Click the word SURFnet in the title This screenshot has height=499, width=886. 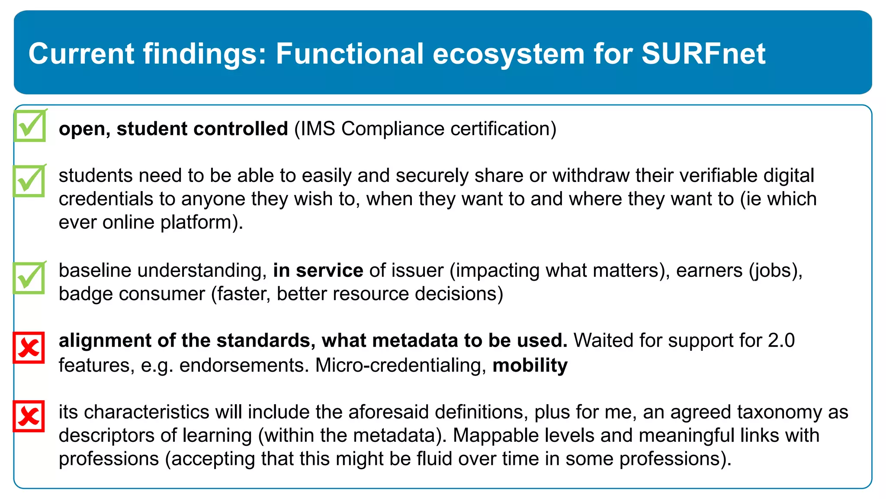tap(703, 54)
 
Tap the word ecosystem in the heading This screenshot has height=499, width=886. tap(508, 54)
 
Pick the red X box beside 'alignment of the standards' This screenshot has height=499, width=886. tap(29, 347)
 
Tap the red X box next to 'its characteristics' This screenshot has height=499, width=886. tap(29, 416)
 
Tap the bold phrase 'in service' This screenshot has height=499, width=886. tap(318, 270)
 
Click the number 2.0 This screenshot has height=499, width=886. tap(781, 340)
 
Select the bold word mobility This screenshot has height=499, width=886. tap(530, 365)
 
